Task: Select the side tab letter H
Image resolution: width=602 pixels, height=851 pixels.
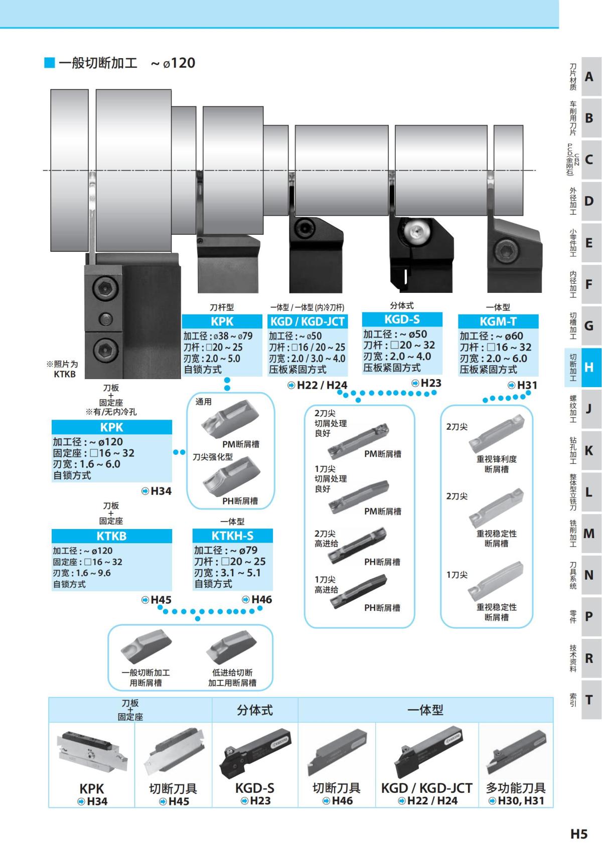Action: click(x=588, y=367)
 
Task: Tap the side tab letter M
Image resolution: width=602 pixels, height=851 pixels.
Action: click(x=588, y=533)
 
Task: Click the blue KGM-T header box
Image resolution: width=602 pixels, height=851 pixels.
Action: click(x=498, y=321)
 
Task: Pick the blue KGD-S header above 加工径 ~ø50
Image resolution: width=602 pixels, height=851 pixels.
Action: click(x=402, y=319)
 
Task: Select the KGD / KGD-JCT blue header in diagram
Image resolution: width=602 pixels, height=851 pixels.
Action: click(x=308, y=321)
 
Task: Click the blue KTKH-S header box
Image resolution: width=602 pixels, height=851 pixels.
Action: click(x=232, y=536)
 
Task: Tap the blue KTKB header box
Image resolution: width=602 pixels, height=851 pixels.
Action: click(x=111, y=536)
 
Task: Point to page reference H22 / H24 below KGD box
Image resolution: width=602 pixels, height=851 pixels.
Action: click(x=318, y=385)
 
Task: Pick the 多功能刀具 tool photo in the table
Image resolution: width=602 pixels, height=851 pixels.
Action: click(x=516, y=753)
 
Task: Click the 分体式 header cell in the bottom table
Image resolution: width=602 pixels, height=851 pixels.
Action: click(x=255, y=710)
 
